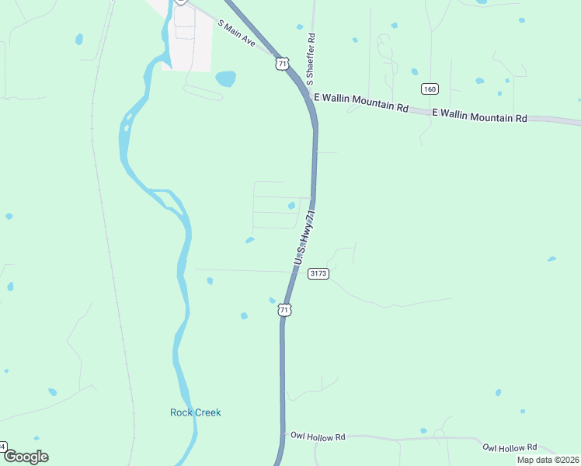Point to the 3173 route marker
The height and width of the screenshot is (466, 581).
click(x=318, y=273)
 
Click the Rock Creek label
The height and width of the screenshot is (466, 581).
click(x=195, y=412)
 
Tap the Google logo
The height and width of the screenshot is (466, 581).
click(x=25, y=457)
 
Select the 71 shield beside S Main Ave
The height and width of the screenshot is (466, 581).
click(x=282, y=64)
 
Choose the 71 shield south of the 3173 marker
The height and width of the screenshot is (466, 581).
click(x=285, y=310)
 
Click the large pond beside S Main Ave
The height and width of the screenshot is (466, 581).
click(x=225, y=78)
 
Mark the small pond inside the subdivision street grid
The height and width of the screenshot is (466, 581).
click(x=291, y=206)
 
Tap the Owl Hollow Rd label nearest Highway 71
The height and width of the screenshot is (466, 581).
click(x=317, y=437)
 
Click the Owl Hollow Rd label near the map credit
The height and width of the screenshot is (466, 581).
click(x=510, y=447)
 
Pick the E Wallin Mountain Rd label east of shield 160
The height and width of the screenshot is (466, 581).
click(x=479, y=116)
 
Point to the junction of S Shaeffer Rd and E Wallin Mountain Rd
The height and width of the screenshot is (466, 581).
click(x=312, y=96)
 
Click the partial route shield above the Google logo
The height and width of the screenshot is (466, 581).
click(x=2, y=447)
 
